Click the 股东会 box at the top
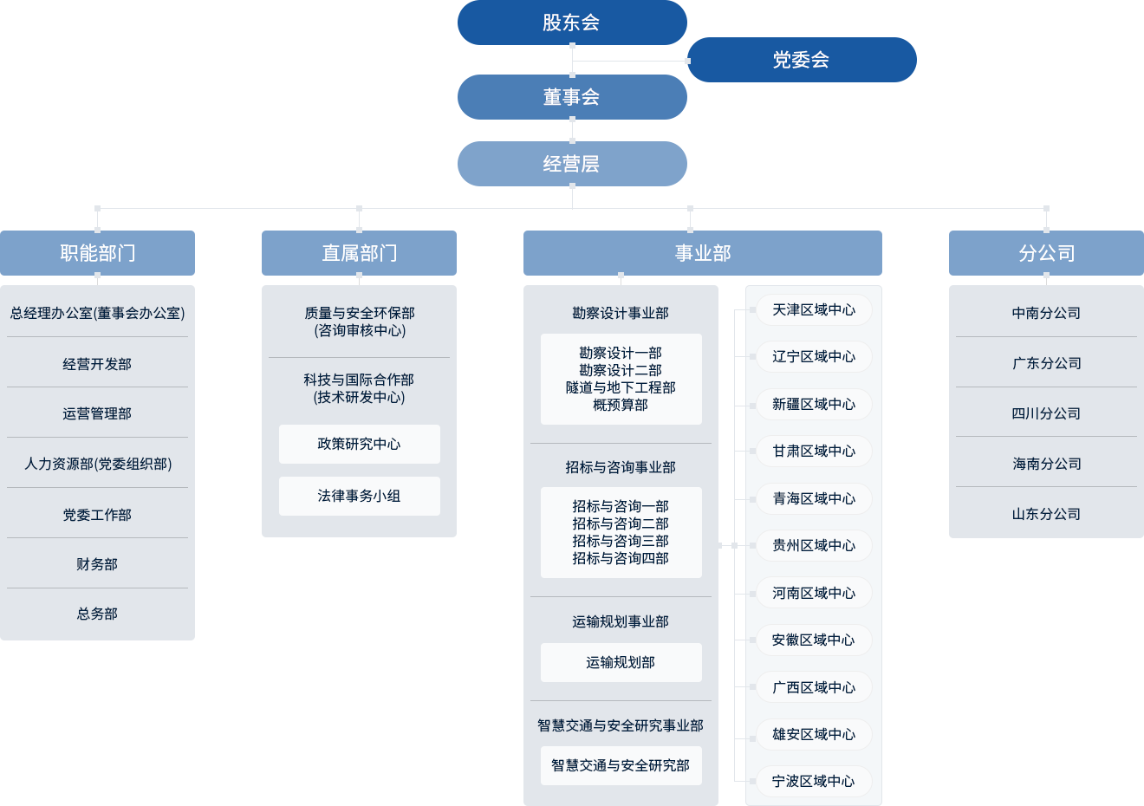571,23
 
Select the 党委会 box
802,60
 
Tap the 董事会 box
571,97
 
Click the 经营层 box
571,164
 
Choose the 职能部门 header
98,253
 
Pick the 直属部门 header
359,253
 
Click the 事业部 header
702,253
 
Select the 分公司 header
1046,253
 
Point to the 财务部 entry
97,564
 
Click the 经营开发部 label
97,364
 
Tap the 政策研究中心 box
359,444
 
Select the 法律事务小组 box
359,496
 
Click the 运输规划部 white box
621,662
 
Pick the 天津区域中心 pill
813,310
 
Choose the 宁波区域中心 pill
813,781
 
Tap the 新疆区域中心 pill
813,404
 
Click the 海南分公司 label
1046,464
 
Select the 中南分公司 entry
1046,313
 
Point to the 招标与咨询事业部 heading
621,467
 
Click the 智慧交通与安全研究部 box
621,765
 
